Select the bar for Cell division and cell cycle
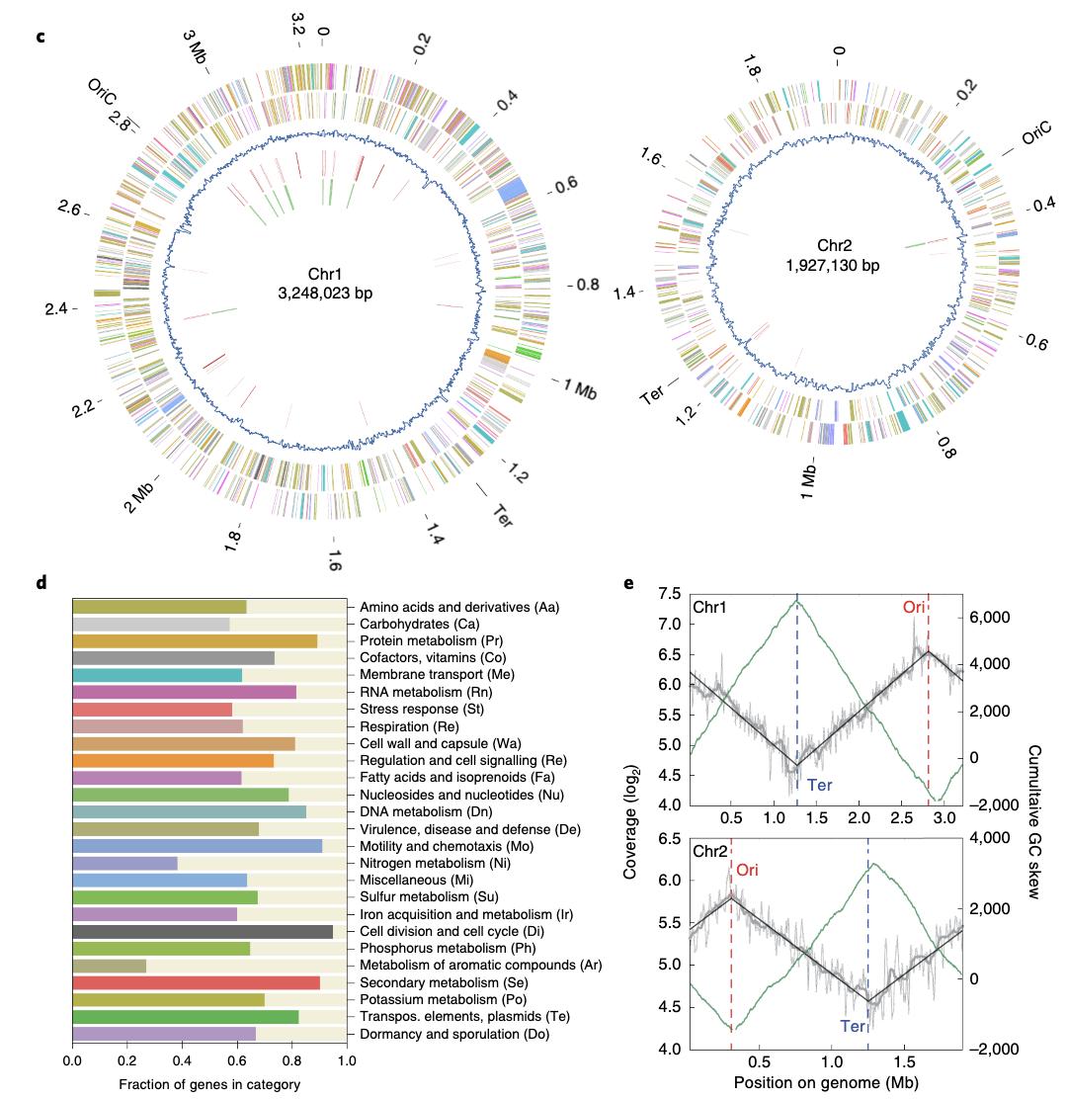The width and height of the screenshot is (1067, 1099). pyautogui.click(x=203, y=931)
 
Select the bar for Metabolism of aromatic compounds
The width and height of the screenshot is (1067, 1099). pyautogui.click(x=110, y=965)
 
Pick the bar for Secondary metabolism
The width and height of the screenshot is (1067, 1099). pyautogui.click(x=196, y=982)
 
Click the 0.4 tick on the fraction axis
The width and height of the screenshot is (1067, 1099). pyautogui.click(x=182, y=1061)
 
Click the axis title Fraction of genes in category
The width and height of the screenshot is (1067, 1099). pyautogui.click(x=209, y=1084)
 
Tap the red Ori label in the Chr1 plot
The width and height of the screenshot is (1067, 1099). pyautogui.click(x=914, y=607)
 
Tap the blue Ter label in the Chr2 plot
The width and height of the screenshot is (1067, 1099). pyautogui.click(x=852, y=1026)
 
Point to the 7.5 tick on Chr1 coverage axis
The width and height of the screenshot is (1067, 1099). pyautogui.click(x=669, y=594)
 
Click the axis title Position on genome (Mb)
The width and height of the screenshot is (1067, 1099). pyautogui.click(x=826, y=1083)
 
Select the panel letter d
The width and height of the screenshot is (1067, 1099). pyautogui.click(x=41, y=583)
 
